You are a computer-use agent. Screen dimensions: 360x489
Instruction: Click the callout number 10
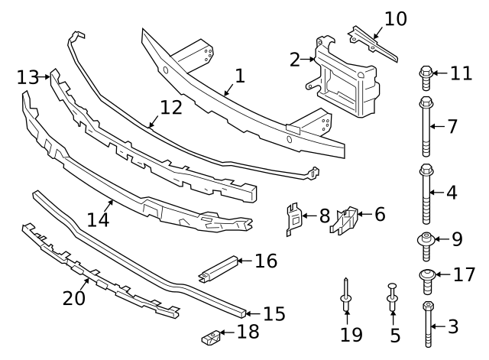[x=395, y=18]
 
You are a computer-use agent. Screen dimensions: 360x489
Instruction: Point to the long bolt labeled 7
[x=426, y=125]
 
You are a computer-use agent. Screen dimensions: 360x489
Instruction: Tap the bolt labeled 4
[x=426, y=192]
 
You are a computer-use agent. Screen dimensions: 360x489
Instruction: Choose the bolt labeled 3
[x=427, y=325]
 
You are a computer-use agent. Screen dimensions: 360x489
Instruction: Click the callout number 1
[x=239, y=76]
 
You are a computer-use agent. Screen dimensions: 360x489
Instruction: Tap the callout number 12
[x=171, y=107]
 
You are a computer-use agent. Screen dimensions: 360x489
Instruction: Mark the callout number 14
[x=99, y=220]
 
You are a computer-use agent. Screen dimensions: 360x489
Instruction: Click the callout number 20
[x=74, y=297]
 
